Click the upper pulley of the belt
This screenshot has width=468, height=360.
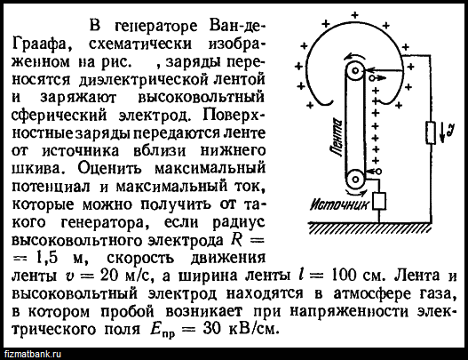tap(355, 71)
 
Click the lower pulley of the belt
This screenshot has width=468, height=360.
tap(355, 180)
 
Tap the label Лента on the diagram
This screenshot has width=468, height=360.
tap(337, 137)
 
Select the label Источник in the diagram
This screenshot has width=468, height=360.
tap(339, 205)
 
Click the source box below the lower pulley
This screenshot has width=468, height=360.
tap(379, 201)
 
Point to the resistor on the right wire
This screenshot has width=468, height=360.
tap(431, 132)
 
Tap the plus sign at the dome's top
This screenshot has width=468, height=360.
tap(354, 14)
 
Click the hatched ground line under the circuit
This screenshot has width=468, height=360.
tap(370, 227)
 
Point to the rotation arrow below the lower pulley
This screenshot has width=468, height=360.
tap(355, 193)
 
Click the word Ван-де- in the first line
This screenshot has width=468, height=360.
tap(237, 26)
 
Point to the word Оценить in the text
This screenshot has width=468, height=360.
tap(109, 169)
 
